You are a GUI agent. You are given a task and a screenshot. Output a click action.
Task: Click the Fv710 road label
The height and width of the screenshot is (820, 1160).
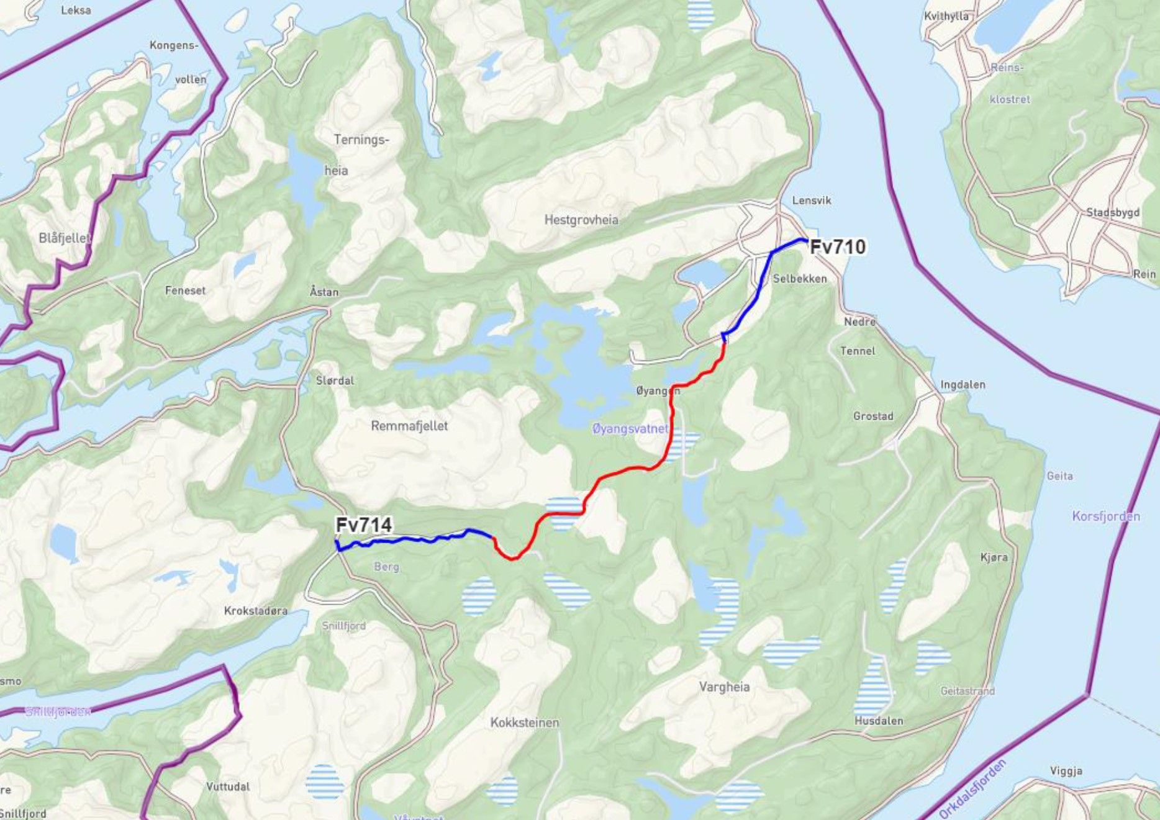click(838, 247)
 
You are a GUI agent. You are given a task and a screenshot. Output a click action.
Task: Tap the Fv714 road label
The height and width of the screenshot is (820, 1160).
click(364, 525)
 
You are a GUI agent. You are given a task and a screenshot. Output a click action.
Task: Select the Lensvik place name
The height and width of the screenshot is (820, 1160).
click(811, 200)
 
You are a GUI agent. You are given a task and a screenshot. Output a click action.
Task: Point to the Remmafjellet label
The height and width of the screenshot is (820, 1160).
click(409, 426)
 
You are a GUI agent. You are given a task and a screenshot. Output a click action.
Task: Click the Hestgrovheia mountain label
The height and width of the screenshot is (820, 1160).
click(581, 220)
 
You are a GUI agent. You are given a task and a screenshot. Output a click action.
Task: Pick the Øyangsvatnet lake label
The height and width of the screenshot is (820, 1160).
click(630, 428)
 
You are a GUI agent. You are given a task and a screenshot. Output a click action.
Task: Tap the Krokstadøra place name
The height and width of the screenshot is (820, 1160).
click(256, 611)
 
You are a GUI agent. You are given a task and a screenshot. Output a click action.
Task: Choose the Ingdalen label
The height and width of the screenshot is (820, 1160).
click(963, 385)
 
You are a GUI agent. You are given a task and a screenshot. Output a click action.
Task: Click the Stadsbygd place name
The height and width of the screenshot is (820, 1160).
click(1113, 212)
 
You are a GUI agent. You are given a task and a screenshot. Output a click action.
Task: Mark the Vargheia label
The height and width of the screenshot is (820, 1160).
click(724, 687)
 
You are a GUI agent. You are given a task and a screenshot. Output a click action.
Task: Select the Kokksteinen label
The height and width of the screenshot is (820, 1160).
click(525, 723)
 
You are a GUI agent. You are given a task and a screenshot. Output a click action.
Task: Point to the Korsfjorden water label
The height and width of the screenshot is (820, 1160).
click(1106, 516)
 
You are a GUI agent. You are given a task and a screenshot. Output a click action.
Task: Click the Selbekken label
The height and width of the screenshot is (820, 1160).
click(800, 279)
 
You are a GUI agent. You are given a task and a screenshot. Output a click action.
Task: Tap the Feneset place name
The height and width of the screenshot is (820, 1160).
click(185, 290)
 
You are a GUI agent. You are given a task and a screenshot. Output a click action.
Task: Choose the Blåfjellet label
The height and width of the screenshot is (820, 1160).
click(64, 238)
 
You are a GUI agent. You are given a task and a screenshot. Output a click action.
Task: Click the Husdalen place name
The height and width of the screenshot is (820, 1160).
click(879, 721)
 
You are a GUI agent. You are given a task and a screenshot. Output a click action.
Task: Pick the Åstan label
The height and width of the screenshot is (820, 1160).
click(324, 292)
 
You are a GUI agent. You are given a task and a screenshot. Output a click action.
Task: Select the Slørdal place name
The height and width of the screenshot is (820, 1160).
click(335, 381)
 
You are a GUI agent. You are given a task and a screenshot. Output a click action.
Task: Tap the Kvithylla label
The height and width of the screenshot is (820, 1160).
click(946, 16)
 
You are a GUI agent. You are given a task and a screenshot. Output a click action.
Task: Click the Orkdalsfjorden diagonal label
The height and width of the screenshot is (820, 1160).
click(972, 789)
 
